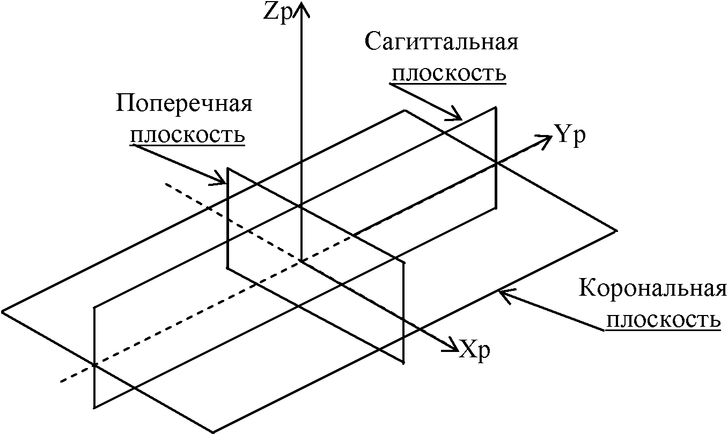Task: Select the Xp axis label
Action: (x=474, y=350)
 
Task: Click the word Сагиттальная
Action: (x=442, y=42)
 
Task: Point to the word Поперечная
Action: (x=184, y=104)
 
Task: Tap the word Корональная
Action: (x=652, y=288)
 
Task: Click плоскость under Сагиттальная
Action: (x=449, y=74)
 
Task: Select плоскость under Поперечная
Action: (x=188, y=135)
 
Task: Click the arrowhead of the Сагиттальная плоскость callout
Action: (x=455, y=115)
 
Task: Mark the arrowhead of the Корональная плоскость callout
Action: (x=506, y=294)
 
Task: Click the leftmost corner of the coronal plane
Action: (x=2, y=311)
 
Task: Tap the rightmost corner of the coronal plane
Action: (x=616, y=231)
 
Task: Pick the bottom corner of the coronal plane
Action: (x=213, y=432)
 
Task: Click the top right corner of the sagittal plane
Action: (x=496, y=107)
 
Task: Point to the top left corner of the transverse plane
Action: (x=227, y=168)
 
